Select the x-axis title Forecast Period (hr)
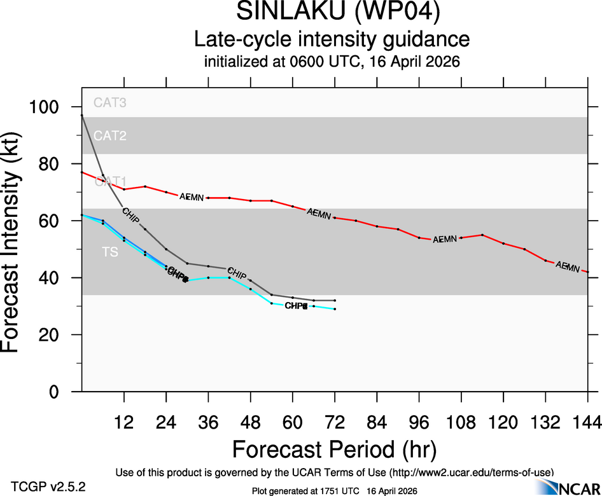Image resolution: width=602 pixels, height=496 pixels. [x=334, y=449]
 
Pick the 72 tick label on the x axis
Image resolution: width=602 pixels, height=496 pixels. [x=334, y=421]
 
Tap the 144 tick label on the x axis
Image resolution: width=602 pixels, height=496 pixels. [x=585, y=421]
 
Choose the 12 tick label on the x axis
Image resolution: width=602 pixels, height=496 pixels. [x=124, y=421]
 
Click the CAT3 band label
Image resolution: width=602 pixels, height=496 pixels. [x=109, y=102]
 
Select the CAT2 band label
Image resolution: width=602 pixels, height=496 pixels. [x=109, y=135]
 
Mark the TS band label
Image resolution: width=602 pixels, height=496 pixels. [x=110, y=252]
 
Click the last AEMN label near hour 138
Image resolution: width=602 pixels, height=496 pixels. [x=568, y=267]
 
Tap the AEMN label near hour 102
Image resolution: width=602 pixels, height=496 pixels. [x=445, y=239]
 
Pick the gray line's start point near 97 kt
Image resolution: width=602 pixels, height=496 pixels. [x=82, y=115]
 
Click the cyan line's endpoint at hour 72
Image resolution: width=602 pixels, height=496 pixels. [x=335, y=309]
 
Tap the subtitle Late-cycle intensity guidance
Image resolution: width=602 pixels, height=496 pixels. [x=332, y=39]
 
